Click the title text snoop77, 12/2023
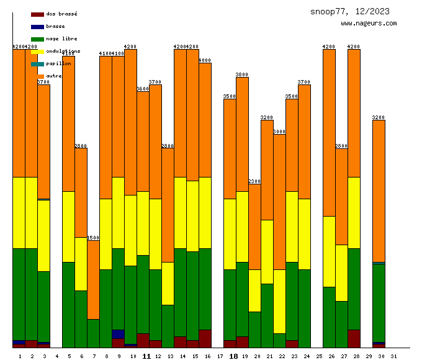tap(350, 11)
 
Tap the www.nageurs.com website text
tap(369, 24)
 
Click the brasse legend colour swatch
tap(37, 27)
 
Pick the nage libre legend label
tap(61, 38)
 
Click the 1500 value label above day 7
tap(93, 238)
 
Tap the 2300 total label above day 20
tap(254, 181)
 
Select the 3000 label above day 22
tap(279, 132)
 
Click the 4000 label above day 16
tap(205, 60)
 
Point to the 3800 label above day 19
tap(242, 74)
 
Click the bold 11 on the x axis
tap(146, 356)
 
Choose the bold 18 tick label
tap(233, 356)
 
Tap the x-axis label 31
tap(394, 356)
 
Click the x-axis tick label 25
tap(320, 356)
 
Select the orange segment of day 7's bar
tap(93, 279)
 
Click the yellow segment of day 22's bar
tap(279, 301)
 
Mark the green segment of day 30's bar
tap(379, 302)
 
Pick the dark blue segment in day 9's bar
tap(118, 334)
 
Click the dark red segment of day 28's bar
tap(354, 338)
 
